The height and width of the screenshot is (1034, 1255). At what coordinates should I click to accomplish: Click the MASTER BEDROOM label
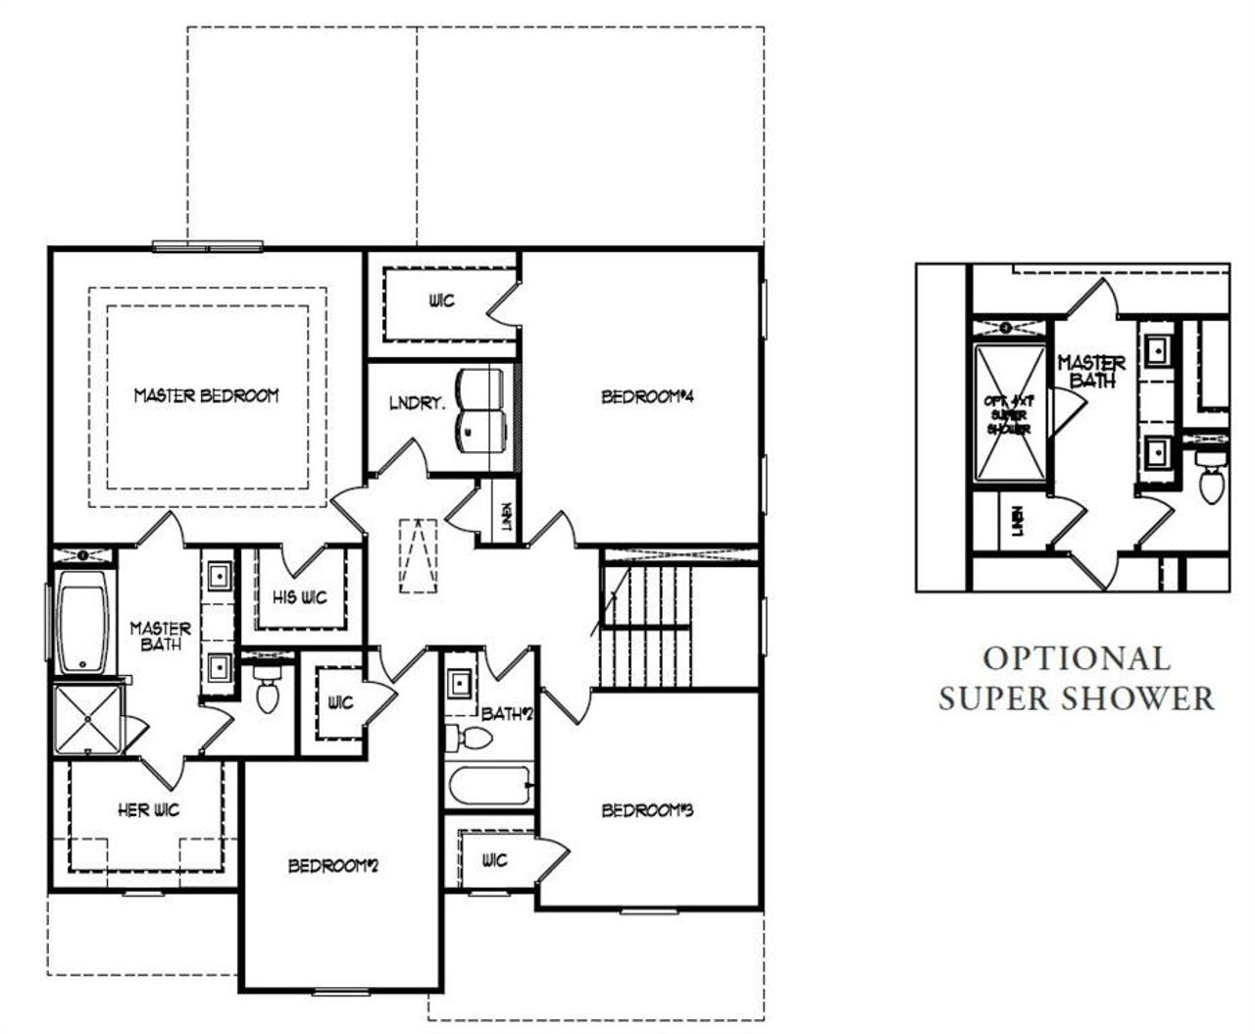point(206,395)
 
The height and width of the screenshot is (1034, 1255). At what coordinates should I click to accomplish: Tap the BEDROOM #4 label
point(647,397)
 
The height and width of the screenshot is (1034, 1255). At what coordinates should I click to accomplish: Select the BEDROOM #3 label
point(647,810)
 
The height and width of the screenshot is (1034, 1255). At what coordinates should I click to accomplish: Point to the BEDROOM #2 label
point(332,866)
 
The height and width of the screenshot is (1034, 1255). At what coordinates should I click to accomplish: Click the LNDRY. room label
point(417,401)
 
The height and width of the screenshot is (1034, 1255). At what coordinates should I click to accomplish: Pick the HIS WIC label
point(300,597)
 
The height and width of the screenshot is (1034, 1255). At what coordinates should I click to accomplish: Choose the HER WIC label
point(147,810)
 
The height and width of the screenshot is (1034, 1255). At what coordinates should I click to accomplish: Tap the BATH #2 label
point(506,714)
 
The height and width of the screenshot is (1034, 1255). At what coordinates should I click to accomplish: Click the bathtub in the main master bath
point(86,624)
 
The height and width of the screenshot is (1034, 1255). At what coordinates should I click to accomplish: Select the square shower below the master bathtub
point(87,719)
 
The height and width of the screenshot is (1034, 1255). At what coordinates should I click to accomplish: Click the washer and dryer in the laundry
point(482,410)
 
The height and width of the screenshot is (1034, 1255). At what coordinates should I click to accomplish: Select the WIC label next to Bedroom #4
point(441,300)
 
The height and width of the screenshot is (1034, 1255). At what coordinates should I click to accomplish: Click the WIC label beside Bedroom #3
point(495,860)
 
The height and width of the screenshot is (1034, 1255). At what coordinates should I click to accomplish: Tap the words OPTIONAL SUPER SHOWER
point(1076,678)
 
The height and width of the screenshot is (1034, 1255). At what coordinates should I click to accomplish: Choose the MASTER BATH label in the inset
point(1091,372)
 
